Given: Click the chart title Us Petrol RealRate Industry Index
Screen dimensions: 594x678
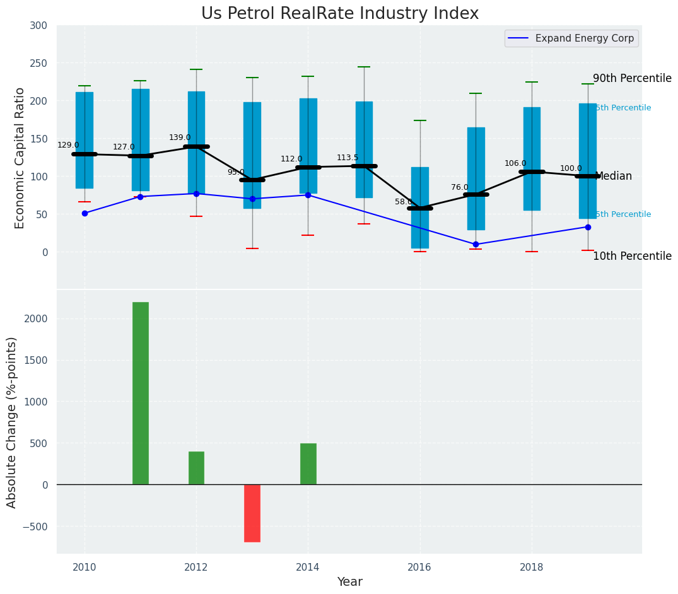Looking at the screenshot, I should (x=340, y=14).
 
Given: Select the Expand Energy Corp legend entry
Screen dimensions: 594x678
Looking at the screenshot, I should (x=571, y=38).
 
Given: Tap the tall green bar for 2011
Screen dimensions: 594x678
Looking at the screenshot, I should (x=140, y=393).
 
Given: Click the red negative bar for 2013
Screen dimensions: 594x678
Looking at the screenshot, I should (x=252, y=513).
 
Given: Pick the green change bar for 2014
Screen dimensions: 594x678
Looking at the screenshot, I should (x=308, y=463).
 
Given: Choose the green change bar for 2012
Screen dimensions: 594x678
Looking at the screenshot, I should (x=196, y=467).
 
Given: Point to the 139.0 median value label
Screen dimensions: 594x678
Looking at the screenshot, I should (x=180, y=137).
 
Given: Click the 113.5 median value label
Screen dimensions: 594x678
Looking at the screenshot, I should (x=348, y=158).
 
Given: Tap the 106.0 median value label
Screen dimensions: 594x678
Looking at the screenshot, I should (x=515, y=163).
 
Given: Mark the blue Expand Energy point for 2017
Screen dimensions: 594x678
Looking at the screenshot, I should (x=476, y=244).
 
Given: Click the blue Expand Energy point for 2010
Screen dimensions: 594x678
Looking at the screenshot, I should (x=85, y=213).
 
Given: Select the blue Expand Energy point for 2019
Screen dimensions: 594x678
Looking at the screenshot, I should (x=588, y=227).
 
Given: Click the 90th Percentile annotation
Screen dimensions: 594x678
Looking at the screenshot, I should (x=632, y=78).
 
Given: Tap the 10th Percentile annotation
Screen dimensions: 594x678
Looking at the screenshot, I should (x=632, y=256).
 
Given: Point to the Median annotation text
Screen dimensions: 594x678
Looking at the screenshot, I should (x=613, y=176).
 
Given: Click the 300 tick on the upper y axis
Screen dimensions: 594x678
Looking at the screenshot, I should (x=38, y=25).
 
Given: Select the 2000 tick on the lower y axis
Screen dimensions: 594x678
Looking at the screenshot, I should (x=34, y=318).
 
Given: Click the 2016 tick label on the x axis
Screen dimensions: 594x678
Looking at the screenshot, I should (x=419, y=567).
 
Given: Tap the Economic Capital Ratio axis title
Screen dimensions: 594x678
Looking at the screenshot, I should (x=20, y=158).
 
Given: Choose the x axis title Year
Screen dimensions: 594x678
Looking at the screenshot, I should (x=349, y=582).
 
